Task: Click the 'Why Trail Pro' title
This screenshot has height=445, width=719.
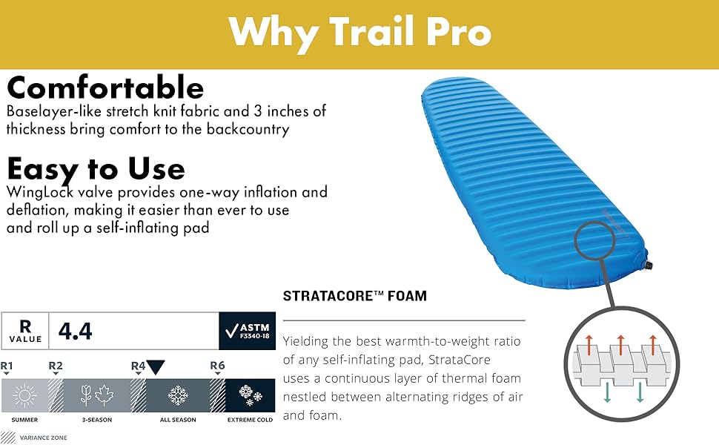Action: click(359, 32)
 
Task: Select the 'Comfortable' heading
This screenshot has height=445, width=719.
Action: click(105, 88)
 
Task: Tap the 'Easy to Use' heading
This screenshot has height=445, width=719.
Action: click(96, 169)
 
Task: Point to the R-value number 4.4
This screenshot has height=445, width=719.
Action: click(75, 331)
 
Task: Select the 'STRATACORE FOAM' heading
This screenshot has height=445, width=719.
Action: click(355, 296)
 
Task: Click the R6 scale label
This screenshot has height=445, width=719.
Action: click(217, 366)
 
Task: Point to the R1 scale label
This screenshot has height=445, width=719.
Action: click(7, 366)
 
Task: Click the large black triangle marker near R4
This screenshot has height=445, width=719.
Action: click(156, 366)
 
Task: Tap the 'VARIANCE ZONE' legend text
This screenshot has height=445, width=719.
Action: click(44, 438)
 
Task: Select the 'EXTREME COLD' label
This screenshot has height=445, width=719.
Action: click(250, 420)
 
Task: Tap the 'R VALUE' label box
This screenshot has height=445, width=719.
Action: click(25, 331)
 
